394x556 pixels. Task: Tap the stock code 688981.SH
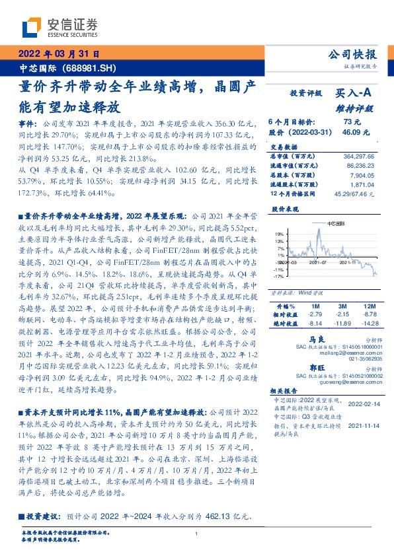[x=92, y=68]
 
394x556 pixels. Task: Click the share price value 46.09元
[x=351, y=133]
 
